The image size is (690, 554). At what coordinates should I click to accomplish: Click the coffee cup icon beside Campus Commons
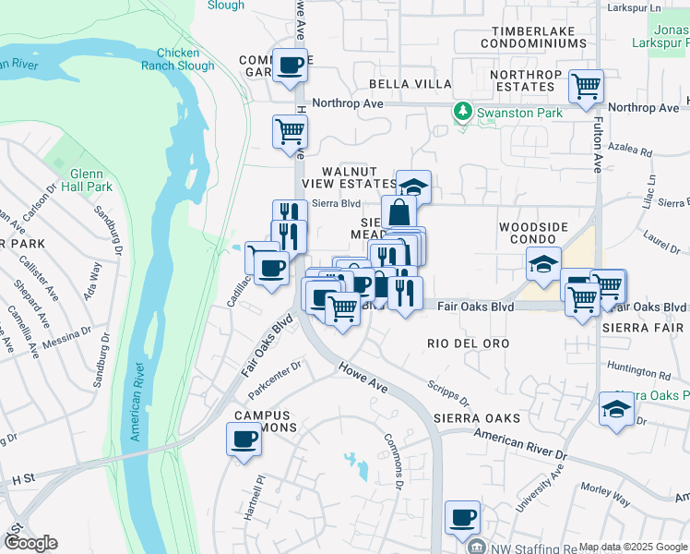[x=244, y=440]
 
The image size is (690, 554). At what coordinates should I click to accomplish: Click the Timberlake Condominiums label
[x=528, y=37]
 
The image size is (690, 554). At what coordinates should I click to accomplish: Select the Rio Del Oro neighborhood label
[x=469, y=343]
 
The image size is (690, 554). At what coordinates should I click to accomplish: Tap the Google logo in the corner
[x=30, y=543]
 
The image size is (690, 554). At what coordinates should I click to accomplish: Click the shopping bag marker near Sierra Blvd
[x=399, y=212]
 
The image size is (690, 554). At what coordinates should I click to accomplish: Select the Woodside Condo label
[x=535, y=234]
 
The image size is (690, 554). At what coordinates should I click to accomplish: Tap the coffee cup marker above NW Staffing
[x=462, y=517]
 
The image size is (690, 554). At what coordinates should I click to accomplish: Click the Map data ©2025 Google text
[x=633, y=547]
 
